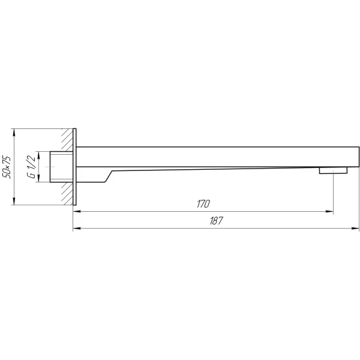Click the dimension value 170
203,204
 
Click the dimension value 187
216,221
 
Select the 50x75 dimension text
7,167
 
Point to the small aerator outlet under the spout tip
333,170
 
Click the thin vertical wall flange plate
74,167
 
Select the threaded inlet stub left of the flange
62,167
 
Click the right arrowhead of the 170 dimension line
329,212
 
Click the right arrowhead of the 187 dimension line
355,229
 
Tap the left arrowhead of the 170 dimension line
77,212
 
